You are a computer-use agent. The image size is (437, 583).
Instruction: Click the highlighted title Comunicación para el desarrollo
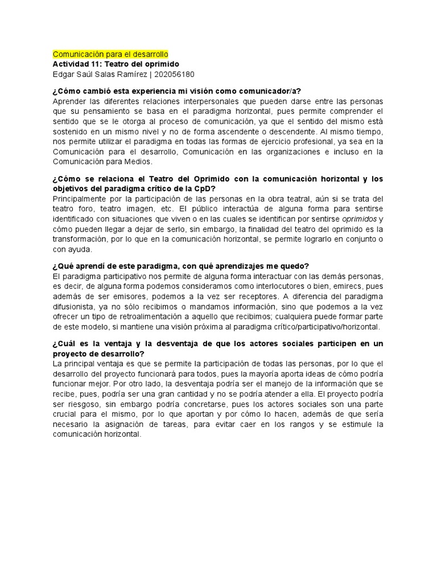110,54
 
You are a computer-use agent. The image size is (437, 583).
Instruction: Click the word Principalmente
80,198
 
